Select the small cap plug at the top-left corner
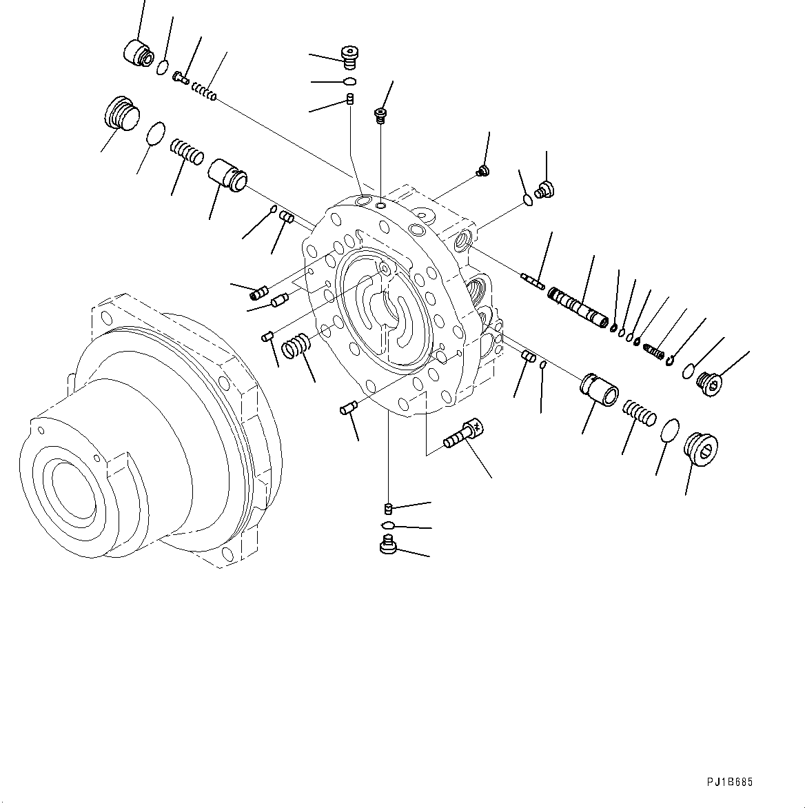pos(137,53)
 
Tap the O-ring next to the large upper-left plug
pos(156,133)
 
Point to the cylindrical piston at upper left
pos(227,172)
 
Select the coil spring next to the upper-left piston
pos(187,151)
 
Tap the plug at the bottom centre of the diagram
pos(388,546)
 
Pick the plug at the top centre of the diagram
pos(351,57)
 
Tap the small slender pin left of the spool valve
pos(533,280)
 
